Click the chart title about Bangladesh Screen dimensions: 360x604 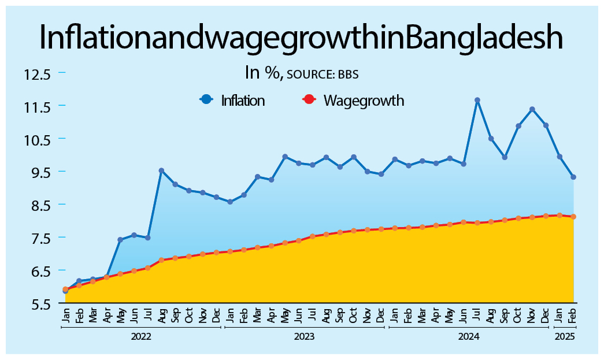[x=301, y=38]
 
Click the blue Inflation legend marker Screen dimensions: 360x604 [x=206, y=99]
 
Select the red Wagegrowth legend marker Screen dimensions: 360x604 [x=309, y=99]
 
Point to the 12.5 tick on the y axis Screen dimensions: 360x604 [x=37, y=74]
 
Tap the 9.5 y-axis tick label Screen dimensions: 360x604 [x=37, y=172]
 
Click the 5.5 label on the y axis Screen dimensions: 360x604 [x=37, y=303]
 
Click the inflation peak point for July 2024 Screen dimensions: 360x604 [x=477, y=100]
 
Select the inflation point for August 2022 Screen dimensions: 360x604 [x=161, y=170]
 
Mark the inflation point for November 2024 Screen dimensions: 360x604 [x=532, y=109]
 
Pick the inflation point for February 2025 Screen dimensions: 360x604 [x=573, y=177]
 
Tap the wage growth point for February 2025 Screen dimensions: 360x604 [x=573, y=217]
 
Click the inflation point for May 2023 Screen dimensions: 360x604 [x=285, y=157]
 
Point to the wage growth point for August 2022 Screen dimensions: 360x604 [x=161, y=260]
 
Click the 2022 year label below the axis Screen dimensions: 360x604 [x=141, y=336]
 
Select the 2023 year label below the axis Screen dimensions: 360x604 [x=305, y=336]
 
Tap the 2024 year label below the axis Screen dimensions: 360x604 [x=469, y=336]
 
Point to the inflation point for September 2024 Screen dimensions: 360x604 [x=505, y=157]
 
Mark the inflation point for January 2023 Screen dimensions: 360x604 [x=230, y=202]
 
